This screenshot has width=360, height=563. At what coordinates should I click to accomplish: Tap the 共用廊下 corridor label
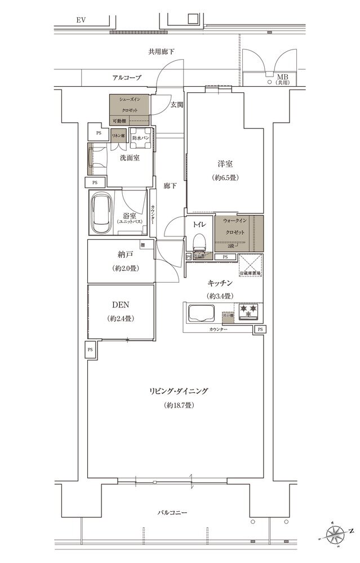tap(162, 52)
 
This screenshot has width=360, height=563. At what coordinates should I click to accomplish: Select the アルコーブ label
tap(126, 78)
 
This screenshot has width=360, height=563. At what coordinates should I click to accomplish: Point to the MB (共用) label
tap(281, 79)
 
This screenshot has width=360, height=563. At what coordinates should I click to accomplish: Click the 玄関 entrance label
tap(176, 104)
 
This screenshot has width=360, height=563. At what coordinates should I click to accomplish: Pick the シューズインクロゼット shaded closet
tap(130, 105)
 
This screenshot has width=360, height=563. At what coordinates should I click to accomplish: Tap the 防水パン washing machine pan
tap(139, 141)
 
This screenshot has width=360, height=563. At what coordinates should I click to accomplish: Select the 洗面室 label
tap(129, 158)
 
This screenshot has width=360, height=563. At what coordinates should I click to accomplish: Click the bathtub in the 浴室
tap(102, 214)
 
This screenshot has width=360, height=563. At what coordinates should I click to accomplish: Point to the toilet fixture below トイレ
tap(199, 242)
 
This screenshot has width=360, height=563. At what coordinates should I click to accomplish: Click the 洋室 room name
tap(226, 164)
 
